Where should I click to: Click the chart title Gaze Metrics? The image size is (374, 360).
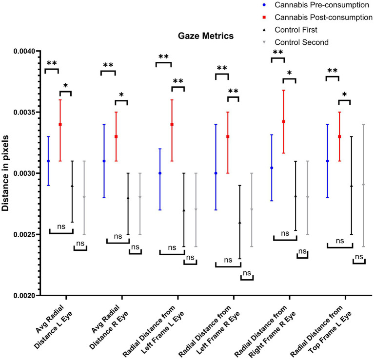(205, 36)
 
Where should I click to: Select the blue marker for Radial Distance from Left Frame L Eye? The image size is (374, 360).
(160, 173)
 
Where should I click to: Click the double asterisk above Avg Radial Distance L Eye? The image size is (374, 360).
(52, 63)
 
